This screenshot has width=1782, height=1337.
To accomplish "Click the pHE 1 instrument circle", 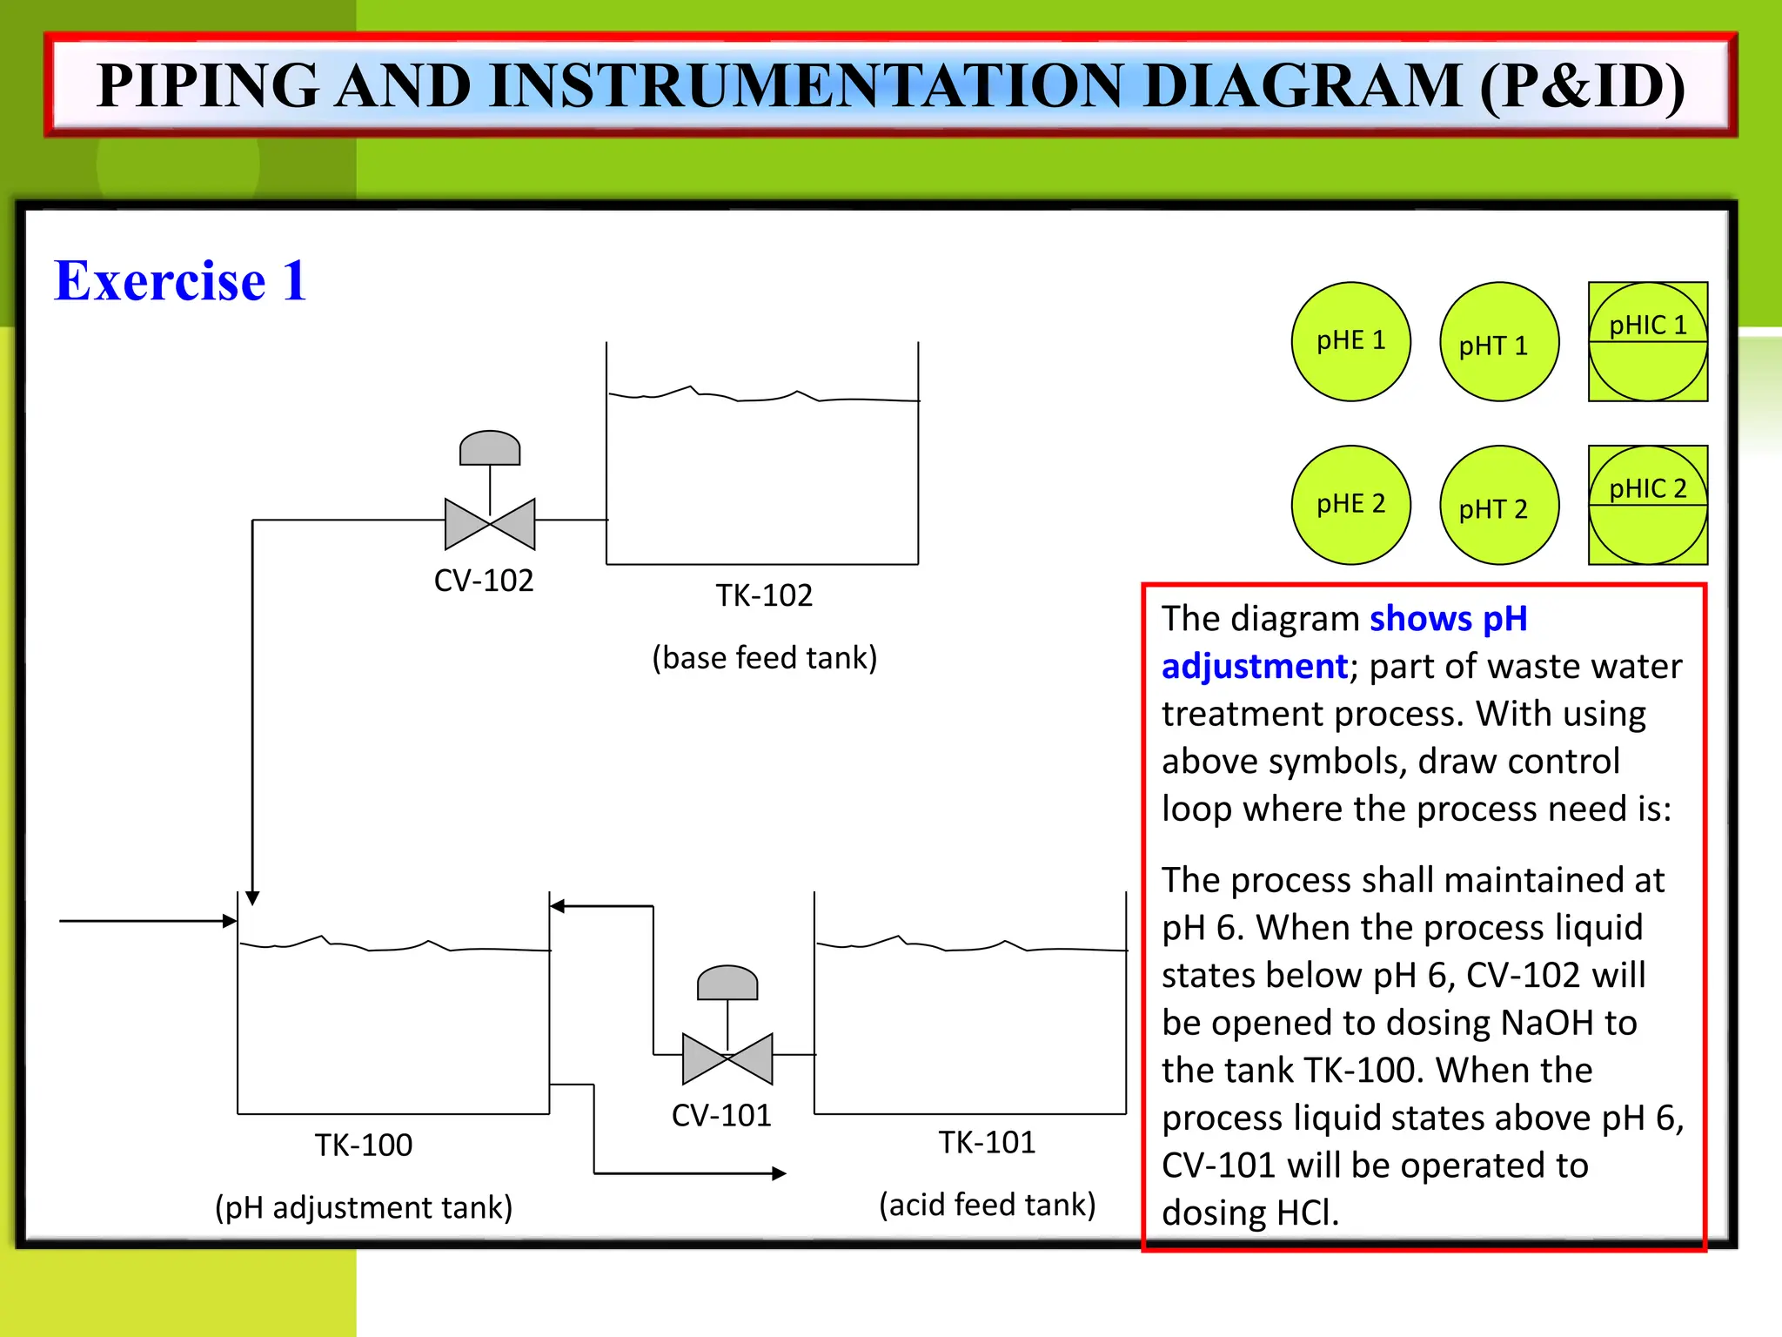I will [x=1350, y=341].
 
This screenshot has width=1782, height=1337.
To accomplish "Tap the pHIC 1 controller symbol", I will [x=1647, y=341].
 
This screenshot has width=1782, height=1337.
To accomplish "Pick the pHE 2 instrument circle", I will [x=1350, y=505].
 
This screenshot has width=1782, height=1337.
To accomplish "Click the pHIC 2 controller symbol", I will [x=1647, y=505].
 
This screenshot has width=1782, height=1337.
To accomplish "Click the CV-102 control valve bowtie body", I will [x=490, y=524].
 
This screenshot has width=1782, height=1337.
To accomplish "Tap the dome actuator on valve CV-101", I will [x=727, y=984].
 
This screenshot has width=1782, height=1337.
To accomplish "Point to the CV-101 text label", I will [x=721, y=1116].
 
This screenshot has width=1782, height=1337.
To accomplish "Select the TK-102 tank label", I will [x=764, y=596].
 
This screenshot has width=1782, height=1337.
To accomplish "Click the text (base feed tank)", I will [x=764, y=658].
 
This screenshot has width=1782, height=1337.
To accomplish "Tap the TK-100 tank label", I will [x=363, y=1146].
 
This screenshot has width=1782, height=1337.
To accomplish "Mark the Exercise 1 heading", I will [x=180, y=281].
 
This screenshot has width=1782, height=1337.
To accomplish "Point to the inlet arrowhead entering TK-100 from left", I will [x=230, y=921].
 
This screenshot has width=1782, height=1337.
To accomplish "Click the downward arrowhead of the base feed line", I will [x=252, y=898].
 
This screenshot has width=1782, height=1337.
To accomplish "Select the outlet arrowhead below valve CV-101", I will [x=779, y=1173].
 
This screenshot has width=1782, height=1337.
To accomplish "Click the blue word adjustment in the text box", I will [x=1254, y=667].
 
